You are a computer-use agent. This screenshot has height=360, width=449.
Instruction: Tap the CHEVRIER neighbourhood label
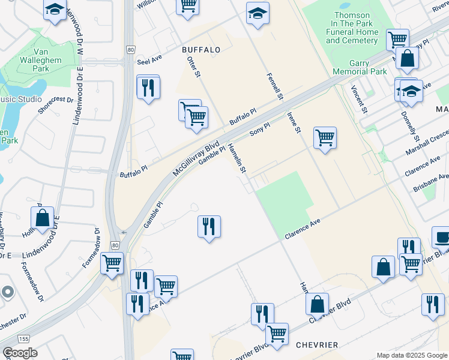(316, 344)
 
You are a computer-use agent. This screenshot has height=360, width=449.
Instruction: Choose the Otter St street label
(193, 67)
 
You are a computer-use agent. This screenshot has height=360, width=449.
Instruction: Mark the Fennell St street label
(275, 87)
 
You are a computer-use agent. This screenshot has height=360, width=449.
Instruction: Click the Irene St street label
(294, 122)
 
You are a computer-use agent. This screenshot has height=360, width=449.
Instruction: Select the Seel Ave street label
(149, 61)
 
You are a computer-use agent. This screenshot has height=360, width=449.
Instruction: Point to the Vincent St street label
(358, 99)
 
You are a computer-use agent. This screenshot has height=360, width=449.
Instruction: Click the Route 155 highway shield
(23, 339)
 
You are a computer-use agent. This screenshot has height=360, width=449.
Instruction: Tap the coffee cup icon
(441, 236)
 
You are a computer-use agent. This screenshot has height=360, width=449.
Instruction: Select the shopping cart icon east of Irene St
(325, 137)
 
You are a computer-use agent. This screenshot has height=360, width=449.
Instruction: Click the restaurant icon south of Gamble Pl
(209, 226)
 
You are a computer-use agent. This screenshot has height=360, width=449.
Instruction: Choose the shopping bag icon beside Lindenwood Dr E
(43, 218)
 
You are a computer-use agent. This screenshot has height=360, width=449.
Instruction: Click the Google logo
(20, 353)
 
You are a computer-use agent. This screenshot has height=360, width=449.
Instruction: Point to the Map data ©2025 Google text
(411, 355)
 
